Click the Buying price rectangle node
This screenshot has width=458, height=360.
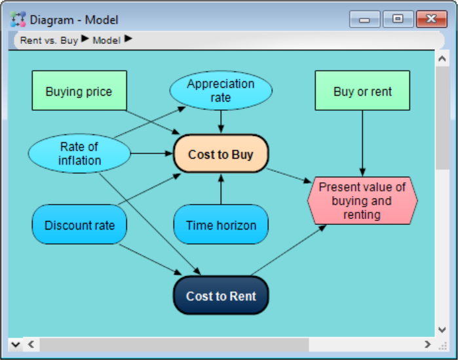click(79, 90)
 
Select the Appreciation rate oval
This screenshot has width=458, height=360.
click(221, 90)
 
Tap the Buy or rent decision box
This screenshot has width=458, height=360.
click(362, 90)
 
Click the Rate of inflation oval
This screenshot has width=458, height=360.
click(79, 153)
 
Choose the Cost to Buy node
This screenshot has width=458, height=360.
click(221, 153)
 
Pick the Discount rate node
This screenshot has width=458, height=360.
click(79, 224)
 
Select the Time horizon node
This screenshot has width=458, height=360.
click(221, 224)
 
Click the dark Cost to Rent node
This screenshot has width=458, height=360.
click(221, 295)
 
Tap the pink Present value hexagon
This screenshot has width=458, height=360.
click(362, 201)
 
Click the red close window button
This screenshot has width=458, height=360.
click(432, 19)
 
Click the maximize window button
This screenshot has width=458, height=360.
click(398, 19)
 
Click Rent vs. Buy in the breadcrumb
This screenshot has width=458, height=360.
click(48, 40)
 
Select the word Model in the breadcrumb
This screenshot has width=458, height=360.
click(106, 40)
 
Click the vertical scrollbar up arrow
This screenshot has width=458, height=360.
click(442, 59)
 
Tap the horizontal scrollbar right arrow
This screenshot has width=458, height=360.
click(427, 344)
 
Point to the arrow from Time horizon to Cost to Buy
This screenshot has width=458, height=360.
click(221, 189)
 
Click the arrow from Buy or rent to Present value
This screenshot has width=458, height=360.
click(362, 143)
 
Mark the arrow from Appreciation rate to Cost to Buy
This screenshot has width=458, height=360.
click(221, 121)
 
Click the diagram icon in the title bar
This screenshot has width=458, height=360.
click(18, 19)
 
